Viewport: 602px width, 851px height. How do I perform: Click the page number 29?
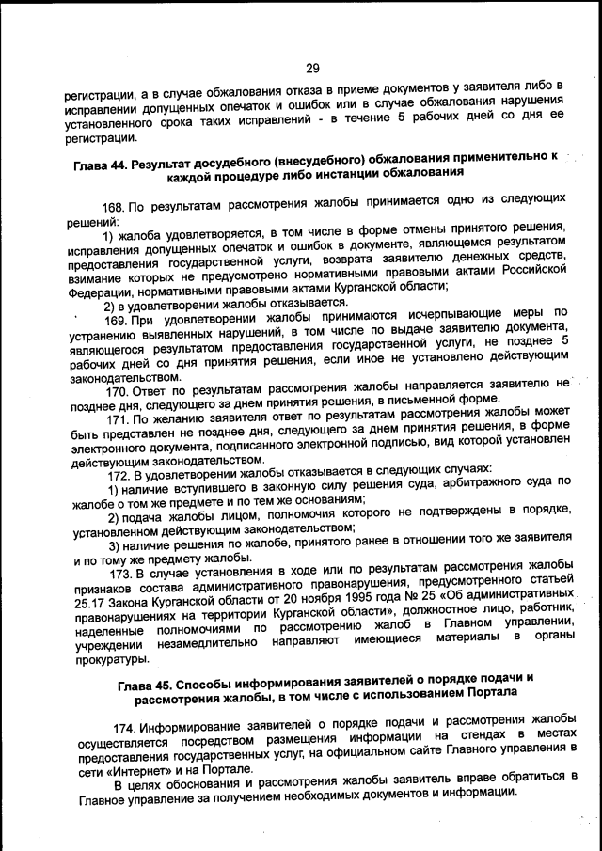click(312, 68)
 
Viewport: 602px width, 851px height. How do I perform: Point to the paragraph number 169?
click(117, 323)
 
